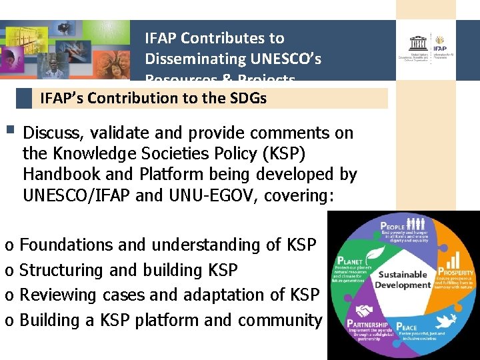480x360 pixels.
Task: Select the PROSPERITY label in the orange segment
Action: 456,272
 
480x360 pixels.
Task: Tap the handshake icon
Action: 365,311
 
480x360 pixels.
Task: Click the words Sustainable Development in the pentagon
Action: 402,279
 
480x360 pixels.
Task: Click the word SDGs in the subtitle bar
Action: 249,99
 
